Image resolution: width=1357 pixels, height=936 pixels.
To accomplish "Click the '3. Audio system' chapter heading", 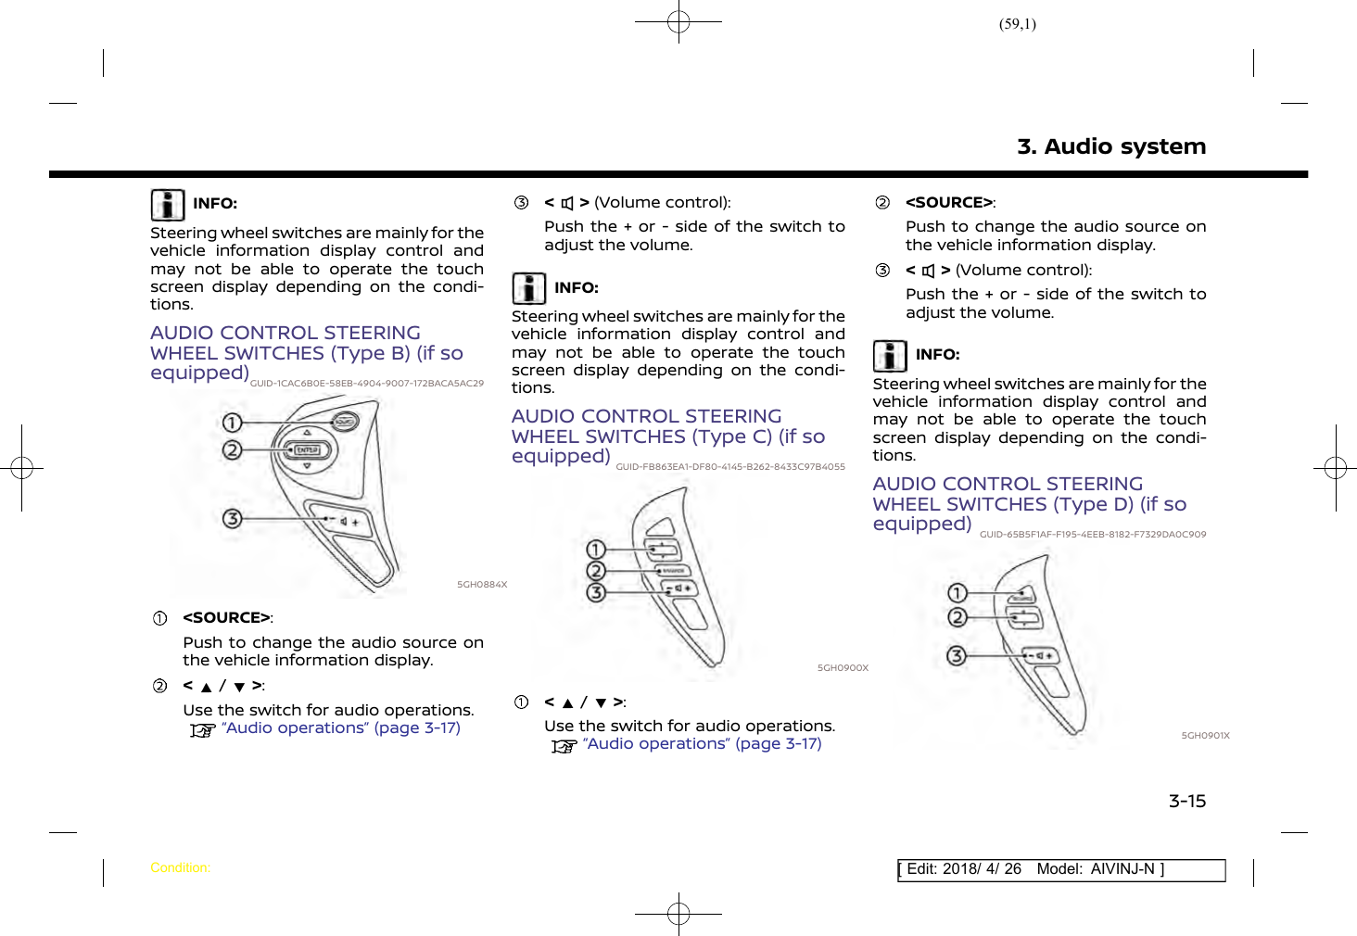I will [x=1110, y=146].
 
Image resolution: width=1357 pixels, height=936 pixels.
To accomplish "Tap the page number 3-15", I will [x=1186, y=802].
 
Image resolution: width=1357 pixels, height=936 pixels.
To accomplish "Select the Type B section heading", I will [x=306, y=353].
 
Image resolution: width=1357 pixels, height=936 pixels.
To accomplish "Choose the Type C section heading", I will [x=667, y=436].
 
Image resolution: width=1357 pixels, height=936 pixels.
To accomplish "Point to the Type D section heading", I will [x=1029, y=504].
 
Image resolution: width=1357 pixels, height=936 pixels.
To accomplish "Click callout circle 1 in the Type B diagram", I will [x=232, y=424].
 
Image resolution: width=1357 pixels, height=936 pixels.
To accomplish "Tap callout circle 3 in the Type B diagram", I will [x=232, y=518].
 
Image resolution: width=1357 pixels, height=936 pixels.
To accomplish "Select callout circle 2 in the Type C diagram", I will [x=596, y=571].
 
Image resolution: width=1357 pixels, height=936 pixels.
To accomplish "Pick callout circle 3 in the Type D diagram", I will [x=957, y=656].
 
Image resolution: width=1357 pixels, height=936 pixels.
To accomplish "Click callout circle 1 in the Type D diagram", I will [x=958, y=593].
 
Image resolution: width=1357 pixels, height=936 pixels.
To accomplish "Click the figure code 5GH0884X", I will [x=482, y=585].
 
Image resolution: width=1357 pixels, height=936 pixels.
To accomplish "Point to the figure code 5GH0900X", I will [x=843, y=668].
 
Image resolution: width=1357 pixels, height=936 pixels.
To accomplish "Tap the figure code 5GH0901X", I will [x=1205, y=736].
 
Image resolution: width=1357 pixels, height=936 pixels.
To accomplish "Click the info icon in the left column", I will [x=168, y=205].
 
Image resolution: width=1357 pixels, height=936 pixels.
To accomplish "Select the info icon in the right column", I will [x=890, y=356].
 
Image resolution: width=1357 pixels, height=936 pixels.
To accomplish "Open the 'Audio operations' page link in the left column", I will [x=340, y=728].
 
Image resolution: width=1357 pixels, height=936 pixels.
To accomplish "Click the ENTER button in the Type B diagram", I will [x=307, y=450].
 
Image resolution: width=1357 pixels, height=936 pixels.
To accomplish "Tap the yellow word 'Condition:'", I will [x=180, y=868].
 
